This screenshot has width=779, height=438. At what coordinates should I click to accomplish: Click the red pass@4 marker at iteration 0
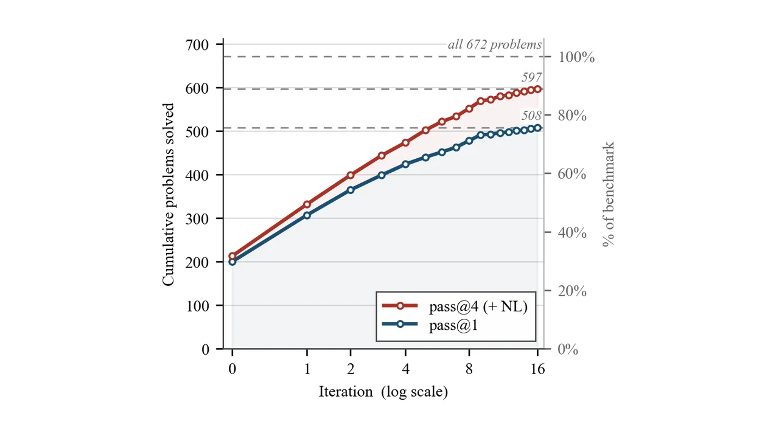232,256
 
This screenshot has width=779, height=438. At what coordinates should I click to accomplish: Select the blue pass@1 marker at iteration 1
307,215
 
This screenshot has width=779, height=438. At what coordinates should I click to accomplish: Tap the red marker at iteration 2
351,175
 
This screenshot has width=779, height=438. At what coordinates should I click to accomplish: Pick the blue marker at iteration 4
405,164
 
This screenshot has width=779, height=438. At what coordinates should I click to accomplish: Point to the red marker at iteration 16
537,89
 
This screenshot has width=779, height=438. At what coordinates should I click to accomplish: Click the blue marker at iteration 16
537,128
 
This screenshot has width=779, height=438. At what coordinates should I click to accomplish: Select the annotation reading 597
531,77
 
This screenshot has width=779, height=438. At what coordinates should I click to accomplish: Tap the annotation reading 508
531,116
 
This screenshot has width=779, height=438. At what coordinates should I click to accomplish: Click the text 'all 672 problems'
495,45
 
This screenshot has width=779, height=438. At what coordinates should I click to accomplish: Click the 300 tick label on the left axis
197,219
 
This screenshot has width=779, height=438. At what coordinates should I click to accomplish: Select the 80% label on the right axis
572,116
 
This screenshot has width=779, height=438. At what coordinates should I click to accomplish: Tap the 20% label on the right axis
572,291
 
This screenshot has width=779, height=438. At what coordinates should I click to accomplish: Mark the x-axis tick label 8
469,369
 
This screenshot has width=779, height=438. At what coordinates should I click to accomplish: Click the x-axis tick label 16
537,369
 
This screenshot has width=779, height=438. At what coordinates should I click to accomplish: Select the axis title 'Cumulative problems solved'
168,195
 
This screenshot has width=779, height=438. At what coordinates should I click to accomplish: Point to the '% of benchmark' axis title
608,194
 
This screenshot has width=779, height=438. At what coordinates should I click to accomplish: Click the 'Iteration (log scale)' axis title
383,392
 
